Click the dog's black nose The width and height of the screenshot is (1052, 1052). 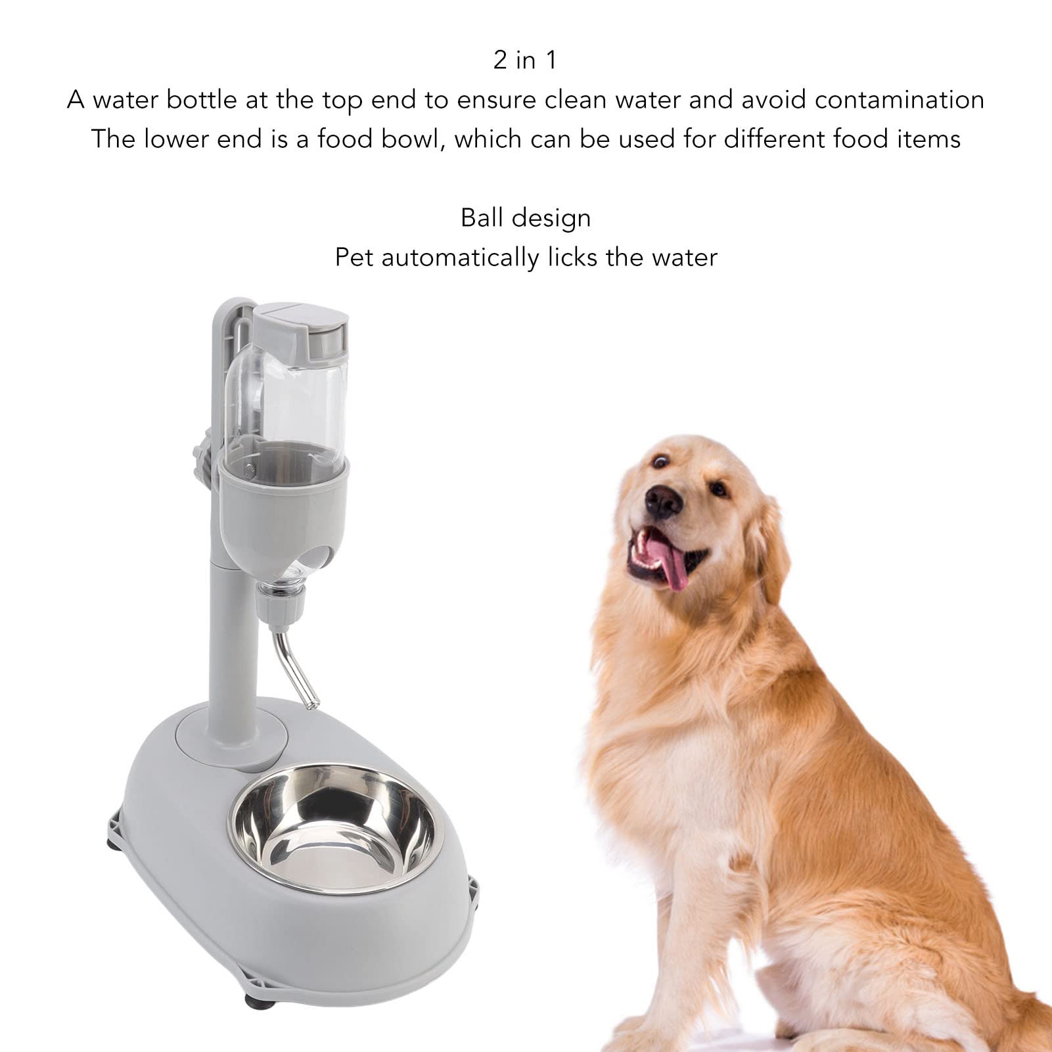(662, 503)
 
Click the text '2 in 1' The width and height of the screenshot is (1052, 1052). (525, 60)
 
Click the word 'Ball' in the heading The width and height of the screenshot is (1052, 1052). (483, 217)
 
